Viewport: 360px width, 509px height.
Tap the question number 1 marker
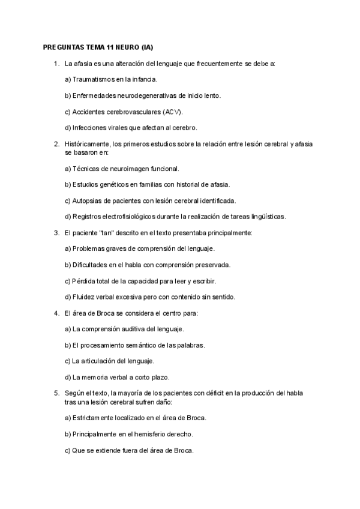pos(56,63)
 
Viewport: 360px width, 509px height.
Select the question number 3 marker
pos(56,232)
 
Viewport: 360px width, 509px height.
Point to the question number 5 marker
pos(56,393)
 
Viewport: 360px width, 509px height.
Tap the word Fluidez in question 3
pos(83,297)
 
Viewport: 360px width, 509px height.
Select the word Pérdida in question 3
pos(85,280)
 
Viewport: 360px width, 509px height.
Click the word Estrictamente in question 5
pos(94,417)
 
